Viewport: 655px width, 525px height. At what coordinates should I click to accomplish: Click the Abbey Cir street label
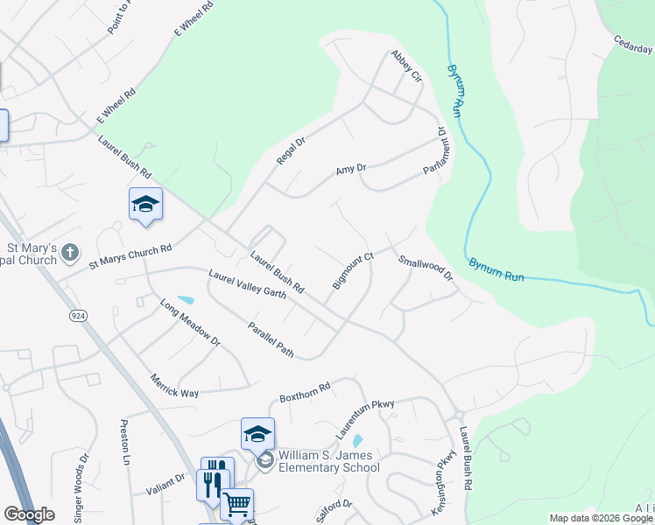coord(407,66)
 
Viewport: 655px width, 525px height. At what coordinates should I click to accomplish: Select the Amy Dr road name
coord(350,170)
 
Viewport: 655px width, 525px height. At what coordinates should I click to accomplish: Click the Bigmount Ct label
coord(353,270)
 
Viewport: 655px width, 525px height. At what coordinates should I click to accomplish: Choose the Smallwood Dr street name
coord(426,268)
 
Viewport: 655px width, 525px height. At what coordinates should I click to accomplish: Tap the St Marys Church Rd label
coord(130,257)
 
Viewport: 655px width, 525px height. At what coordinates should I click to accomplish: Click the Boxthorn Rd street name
coord(304,391)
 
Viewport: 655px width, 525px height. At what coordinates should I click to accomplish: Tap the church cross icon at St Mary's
coord(70,254)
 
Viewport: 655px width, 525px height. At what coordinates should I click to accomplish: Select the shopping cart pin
coord(236,504)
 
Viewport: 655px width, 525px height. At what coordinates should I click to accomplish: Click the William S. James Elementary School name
coord(329,461)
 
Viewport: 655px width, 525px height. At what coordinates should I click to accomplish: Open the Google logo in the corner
coord(29,514)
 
